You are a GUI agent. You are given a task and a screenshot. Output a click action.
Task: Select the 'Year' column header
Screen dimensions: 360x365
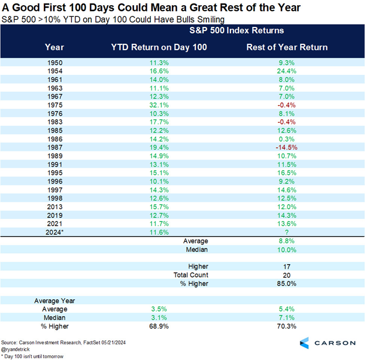coord(54,47)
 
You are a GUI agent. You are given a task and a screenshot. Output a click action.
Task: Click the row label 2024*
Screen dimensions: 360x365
coord(54,231)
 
